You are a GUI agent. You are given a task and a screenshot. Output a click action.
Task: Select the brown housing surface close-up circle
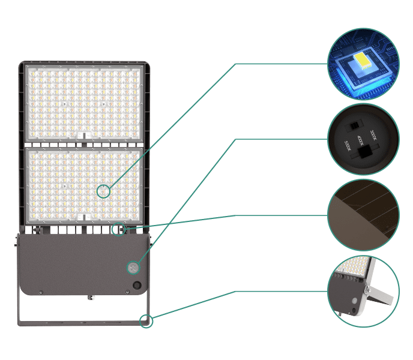click(363, 215)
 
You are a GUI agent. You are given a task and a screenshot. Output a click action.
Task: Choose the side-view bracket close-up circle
click(363, 291)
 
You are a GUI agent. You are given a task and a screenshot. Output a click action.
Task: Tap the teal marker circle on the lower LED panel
click(104, 191)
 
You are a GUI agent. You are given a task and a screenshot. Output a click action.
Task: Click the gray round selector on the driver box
click(133, 266)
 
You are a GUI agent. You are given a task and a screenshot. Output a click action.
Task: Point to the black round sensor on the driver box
click(137, 286)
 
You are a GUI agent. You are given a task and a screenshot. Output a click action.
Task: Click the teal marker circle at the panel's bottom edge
click(120, 229)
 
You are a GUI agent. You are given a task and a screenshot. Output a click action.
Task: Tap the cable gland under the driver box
click(91, 296)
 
